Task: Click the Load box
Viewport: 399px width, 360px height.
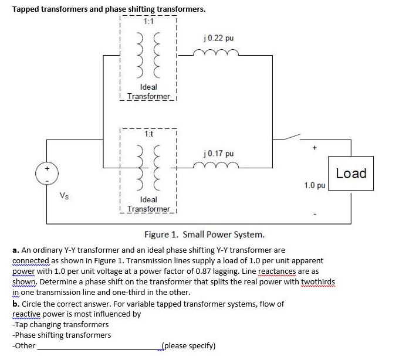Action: [351, 174]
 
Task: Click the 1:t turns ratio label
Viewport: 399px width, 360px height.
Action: [148, 134]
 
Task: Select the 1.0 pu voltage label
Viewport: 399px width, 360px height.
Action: [315, 185]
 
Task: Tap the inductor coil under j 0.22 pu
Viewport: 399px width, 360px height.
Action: [220, 54]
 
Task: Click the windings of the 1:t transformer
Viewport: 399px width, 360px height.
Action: [148, 169]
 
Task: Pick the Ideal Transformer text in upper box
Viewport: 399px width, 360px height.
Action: [148, 91]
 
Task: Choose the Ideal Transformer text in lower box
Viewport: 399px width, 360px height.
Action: [148, 205]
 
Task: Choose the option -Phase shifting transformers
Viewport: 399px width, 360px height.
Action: [62, 335]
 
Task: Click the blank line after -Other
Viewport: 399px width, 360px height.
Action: [97, 347]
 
